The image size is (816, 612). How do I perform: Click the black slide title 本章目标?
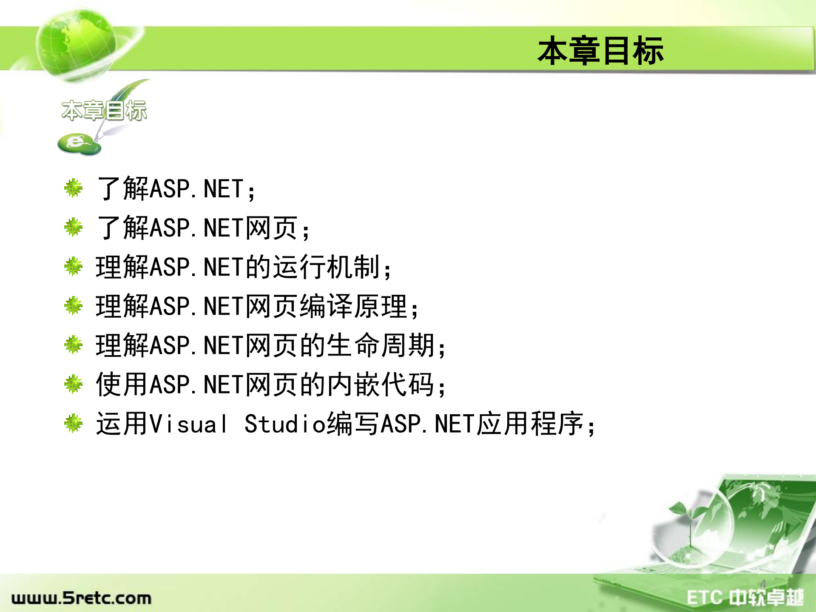600,51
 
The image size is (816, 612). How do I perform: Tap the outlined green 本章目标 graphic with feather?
104,110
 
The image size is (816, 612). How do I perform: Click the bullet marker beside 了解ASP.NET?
74,188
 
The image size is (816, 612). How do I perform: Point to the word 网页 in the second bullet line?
271,228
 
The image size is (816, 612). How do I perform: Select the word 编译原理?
354,306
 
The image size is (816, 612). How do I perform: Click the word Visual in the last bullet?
189,424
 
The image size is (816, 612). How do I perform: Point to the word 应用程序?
530,424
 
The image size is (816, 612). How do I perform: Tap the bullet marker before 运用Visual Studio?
74,423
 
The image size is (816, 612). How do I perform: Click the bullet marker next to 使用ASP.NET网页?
74,384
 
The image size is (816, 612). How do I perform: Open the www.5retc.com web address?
81,598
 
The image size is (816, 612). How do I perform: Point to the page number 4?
763,584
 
